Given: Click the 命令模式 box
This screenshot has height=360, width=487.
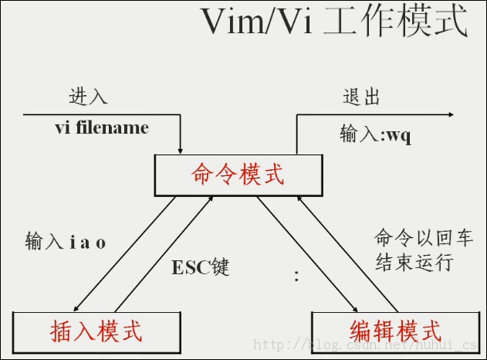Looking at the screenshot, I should click(x=238, y=175).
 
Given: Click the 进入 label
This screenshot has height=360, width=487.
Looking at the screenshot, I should click(x=88, y=97).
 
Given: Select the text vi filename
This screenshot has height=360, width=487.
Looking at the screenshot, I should click(x=102, y=127).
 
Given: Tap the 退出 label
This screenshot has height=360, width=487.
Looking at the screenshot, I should click(x=361, y=97).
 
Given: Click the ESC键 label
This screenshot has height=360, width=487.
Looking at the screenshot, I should click(x=201, y=267).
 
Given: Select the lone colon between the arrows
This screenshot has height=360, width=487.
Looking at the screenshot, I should click(x=296, y=277).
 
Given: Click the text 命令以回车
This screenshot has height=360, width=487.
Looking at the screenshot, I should click(x=413, y=236).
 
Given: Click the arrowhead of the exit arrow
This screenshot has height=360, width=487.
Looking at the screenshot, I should click(x=449, y=115).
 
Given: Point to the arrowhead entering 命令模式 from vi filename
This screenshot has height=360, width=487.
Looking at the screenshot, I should click(x=181, y=148).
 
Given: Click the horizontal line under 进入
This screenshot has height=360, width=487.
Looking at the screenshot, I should click(x=100, y=115).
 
